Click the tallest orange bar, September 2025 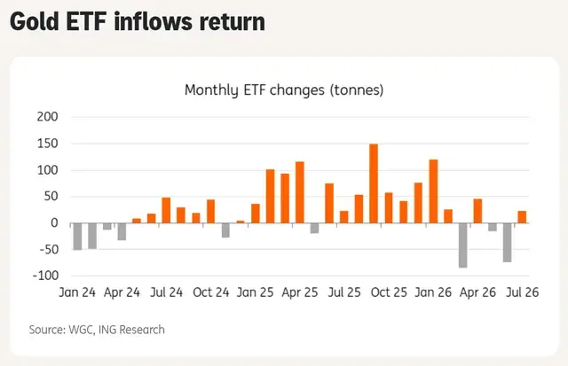coord(374,183)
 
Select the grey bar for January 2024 coord(77,237)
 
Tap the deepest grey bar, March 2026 coord(462,245)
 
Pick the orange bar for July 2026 coord(522,217)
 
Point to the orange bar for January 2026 coord(433,191)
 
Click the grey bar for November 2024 coord(225,230)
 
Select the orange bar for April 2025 coord(300,192)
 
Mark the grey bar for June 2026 coord(507,243)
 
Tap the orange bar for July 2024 coord(166,210)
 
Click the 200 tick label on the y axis coord(47,117)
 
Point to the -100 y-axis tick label coord(45,276)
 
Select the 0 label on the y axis coord(54,222)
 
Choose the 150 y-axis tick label coord(47,144)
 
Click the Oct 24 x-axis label coord(211,292)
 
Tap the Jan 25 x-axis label coord(255,292)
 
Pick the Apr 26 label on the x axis coord(477,292)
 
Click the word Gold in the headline coord(35,21)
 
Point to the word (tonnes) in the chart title coord(357,90)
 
